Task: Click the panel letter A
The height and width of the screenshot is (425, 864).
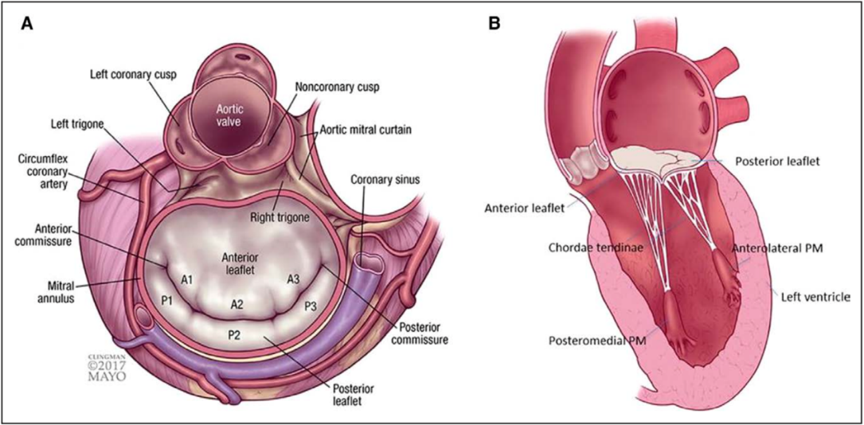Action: point(27,24)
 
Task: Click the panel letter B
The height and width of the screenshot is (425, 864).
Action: point(495,24)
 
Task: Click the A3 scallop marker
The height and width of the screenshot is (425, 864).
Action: point(293,279)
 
